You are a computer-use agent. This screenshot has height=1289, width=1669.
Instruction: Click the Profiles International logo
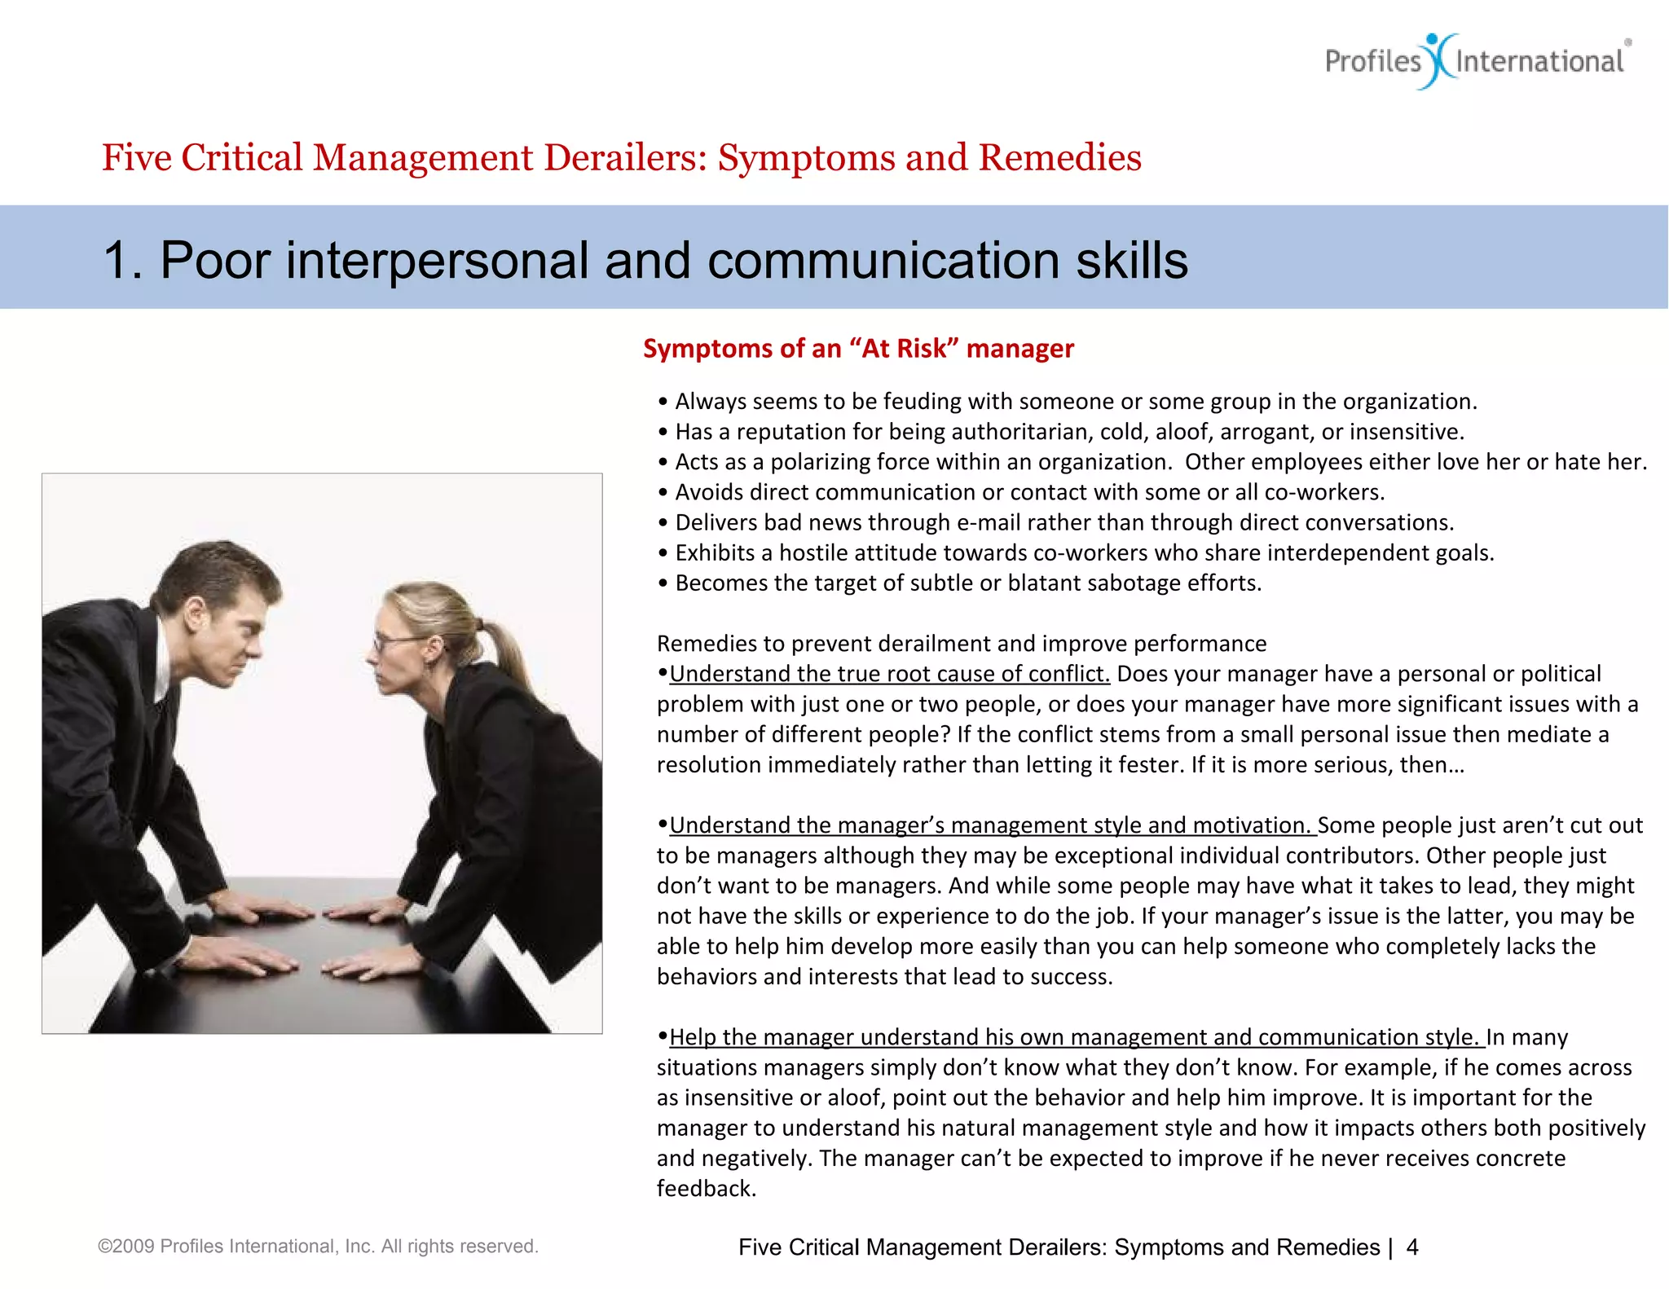pos(1475,61)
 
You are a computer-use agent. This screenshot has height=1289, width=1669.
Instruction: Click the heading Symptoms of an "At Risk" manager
pos(858,349)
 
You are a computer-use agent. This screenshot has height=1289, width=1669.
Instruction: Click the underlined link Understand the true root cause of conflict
pos(889,675)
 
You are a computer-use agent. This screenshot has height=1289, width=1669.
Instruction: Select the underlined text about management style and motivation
pos(992,825)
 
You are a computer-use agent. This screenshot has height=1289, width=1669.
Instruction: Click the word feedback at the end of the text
pos(706,1189)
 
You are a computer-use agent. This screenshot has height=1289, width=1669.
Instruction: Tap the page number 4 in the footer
pos(1412,1247)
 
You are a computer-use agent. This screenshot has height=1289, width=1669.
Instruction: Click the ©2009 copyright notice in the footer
pos(318,1247)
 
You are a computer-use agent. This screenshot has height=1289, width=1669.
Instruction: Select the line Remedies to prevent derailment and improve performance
pos(962,644)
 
